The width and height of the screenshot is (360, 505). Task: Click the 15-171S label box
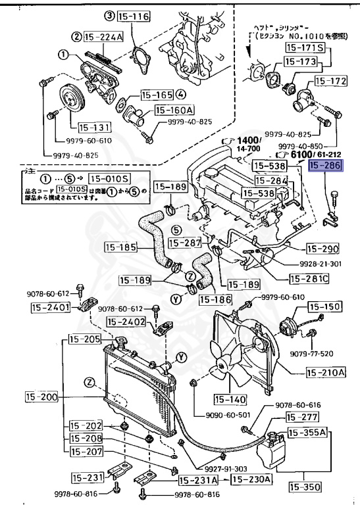(x=304, y=48)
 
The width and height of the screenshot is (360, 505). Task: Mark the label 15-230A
(x=255, y=479)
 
